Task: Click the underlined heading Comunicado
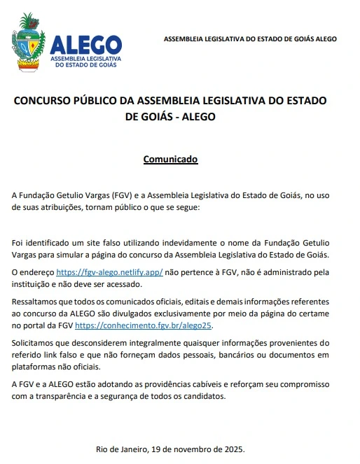[x=171, y=159]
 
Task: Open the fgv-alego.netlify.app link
[x=109, y=272]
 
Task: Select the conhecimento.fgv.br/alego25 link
[x=143, y=325]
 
